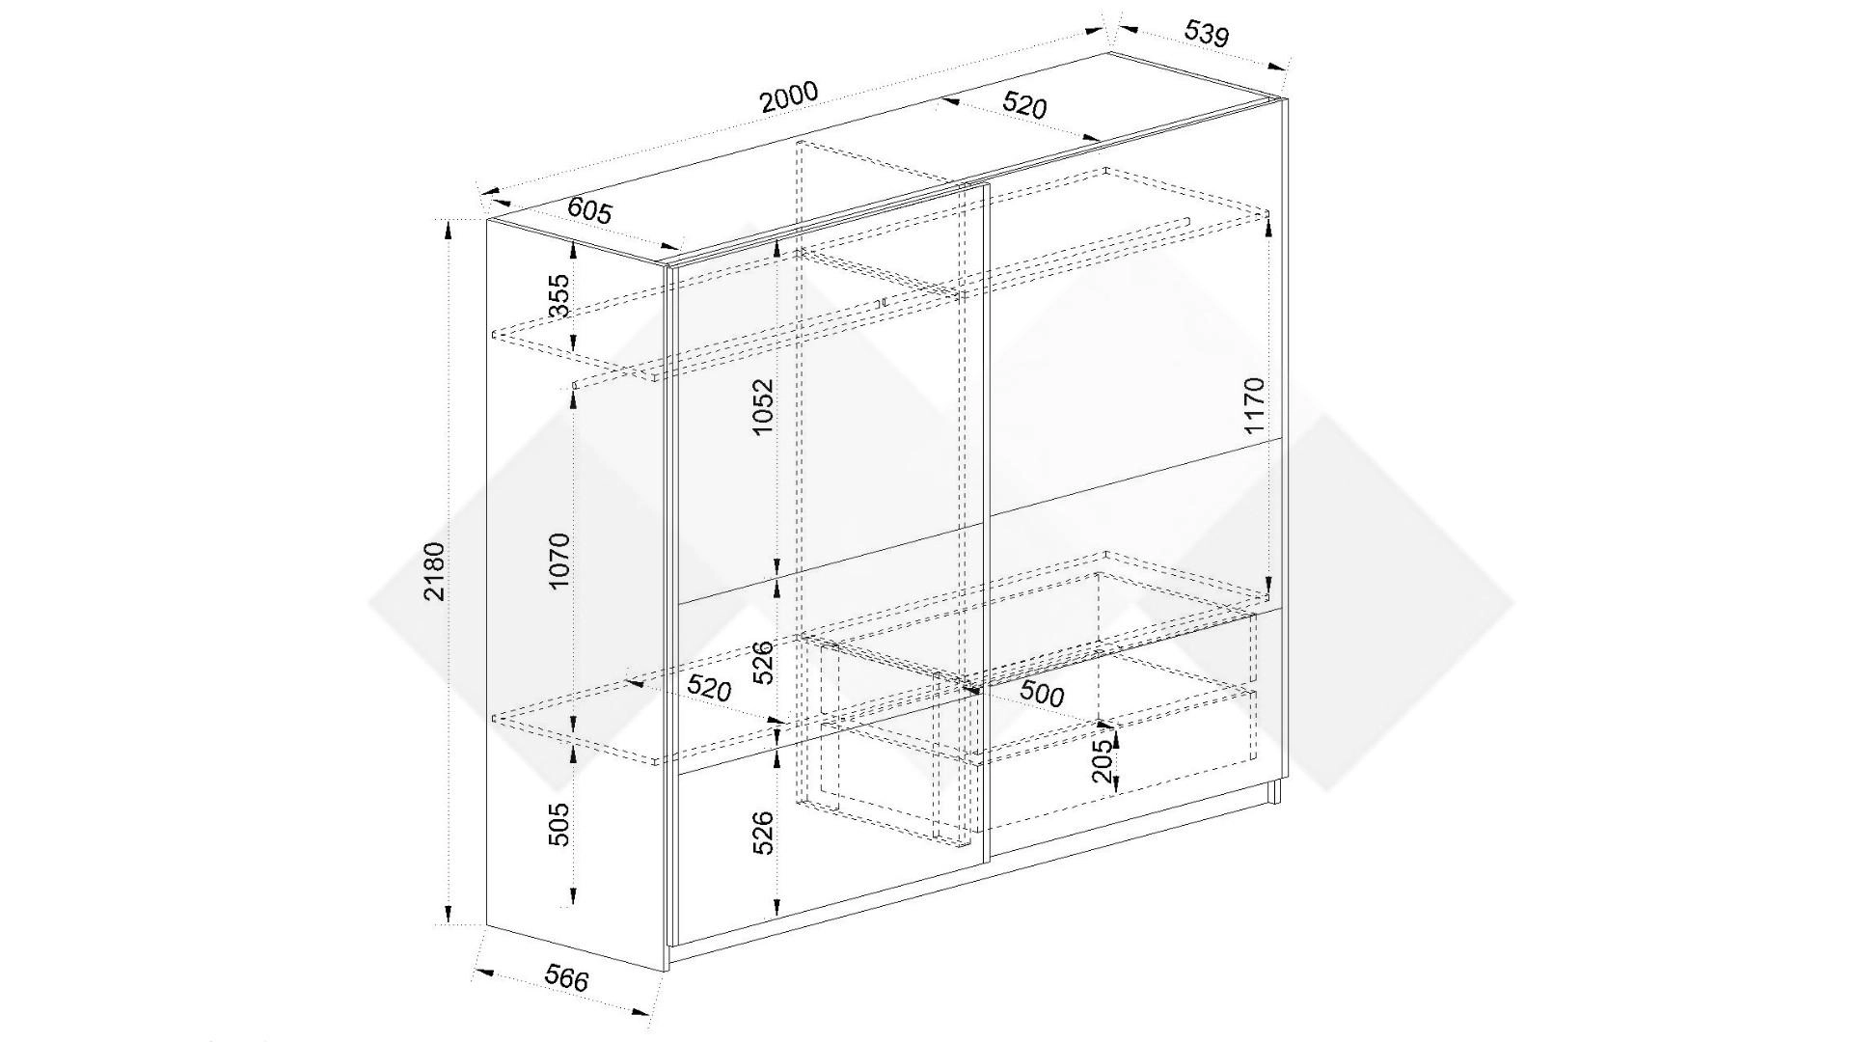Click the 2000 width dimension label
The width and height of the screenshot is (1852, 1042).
[x=789, y=97]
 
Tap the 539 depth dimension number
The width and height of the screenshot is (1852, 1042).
[x=1207, y=34]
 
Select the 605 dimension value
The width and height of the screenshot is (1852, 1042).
[x=589, y=210]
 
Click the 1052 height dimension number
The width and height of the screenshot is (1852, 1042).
[x=764, y=406]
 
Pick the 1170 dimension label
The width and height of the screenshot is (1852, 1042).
[x=1253, y=405]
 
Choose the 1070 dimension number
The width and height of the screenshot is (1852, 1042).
[x=559, y=562]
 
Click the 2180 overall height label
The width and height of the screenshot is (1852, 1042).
[x=434, y=571]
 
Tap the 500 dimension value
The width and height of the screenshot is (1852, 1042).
[x=1042, y=695]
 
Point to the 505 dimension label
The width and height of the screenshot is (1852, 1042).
[x=559, y=825]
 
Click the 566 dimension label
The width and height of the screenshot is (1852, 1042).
[x=566, y=978]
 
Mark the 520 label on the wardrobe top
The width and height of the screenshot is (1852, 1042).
[x=1024, y=104]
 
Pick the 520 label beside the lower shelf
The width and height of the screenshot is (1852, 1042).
[x=709, y=688]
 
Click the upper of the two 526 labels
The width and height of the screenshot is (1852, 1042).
[x=764, y=662]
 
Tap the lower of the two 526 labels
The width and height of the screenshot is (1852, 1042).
[x=764, y=832]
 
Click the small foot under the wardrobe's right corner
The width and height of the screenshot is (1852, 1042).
[x=1275, y=791]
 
